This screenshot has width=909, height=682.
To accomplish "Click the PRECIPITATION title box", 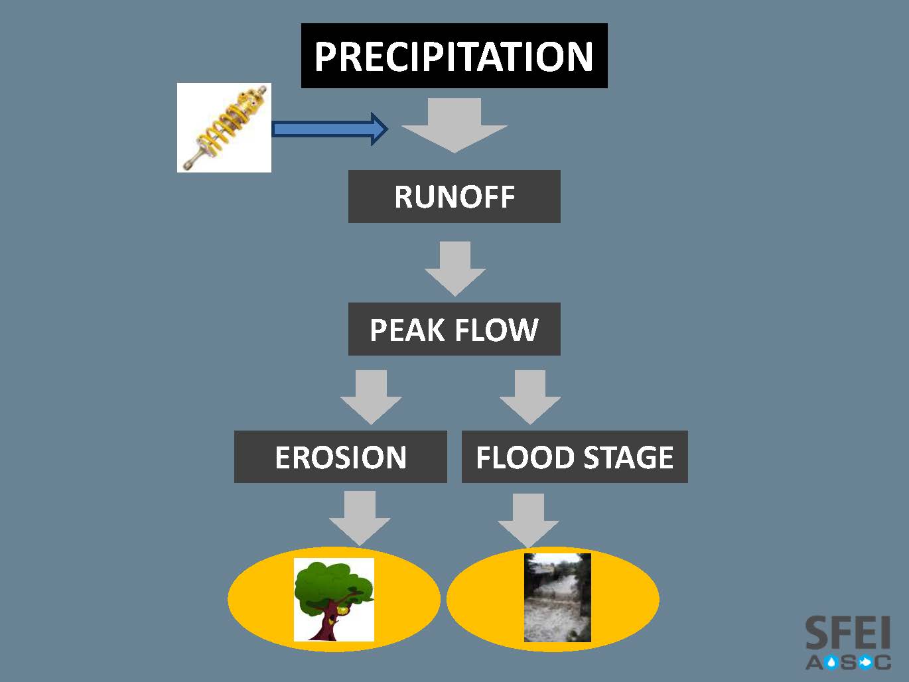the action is click(x=454, y=56).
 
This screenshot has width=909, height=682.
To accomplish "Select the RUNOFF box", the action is click(x=454, y=196).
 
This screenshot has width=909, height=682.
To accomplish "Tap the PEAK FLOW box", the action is click(x=454, y=329).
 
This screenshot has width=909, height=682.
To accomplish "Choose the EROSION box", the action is click(x=340, y=456).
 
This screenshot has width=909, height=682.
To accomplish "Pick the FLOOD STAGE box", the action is click(x=575, y=456).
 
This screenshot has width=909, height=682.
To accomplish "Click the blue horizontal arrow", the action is click(x=330, y=129).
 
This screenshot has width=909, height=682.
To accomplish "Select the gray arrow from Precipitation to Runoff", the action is click(x=454, y=125).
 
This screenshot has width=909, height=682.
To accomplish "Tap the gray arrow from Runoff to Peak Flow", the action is click(x=454, y=269).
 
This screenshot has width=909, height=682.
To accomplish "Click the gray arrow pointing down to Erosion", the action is click(x=371, y=397).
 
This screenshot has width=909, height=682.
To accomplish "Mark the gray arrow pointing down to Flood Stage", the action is click(x=530, y=397).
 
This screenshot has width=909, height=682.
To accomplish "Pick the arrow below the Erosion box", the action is click(x=360, y=518).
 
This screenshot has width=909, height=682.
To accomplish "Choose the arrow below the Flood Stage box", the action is click(x=528, y=521).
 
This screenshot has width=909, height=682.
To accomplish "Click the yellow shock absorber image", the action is click(x=224, y=127).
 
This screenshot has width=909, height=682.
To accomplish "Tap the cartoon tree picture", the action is click(x=334, y=600).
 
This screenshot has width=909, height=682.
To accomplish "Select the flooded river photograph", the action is click(x=557, y=598).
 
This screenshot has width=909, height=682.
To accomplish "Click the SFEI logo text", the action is click(x=848, y=632).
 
